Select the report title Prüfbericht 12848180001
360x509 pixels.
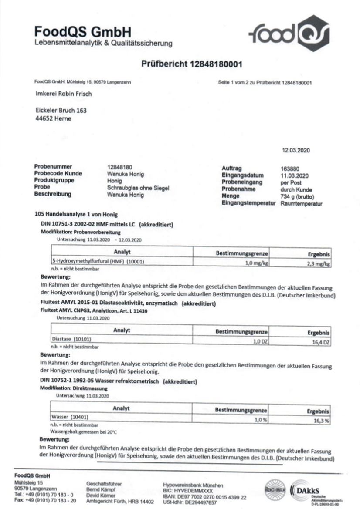click(192, 64)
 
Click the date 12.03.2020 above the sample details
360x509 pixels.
click(296, 151)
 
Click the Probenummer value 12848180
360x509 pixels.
click(120, 167)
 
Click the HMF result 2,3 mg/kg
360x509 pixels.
click(319, 263)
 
